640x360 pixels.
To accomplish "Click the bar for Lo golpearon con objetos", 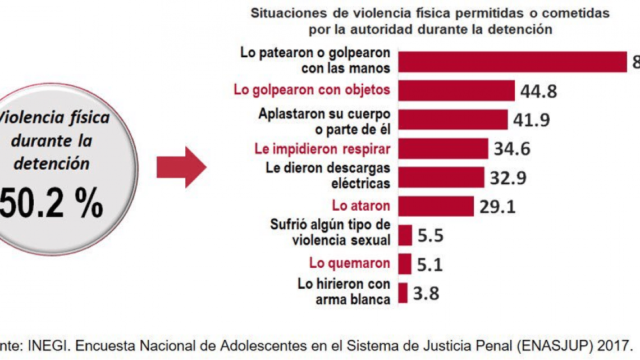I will pyautogui.click(x=456, y=90).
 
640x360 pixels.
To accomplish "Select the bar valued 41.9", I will pyautogui.click(x=452, y=120).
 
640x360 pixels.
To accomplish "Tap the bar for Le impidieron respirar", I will pyautogui.click(x=443, y=149).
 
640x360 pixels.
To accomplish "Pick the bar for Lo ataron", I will pyautogui.click(x=436, y=206).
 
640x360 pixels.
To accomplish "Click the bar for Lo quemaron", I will pyautogui.click(x=404, y=263).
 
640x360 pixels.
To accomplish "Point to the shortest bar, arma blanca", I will pyautogui.click(x=403, y=293).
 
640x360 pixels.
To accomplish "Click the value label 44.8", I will pyautogui.click(x=539, y=91).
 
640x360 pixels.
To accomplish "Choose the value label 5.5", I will pyautogui.click(x=430, y=235).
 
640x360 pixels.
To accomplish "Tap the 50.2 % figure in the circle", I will pyautogui.click(x=52, y=204).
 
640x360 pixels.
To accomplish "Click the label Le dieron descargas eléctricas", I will pyautogui.click(x=328, y=176).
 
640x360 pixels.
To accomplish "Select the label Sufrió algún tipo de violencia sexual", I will pyautogui.click(x=330, y=233).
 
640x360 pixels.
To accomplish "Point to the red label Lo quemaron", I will pyautogui.click(x=349, y=263).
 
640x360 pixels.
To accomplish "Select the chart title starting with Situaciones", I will pyautogui.click(x=430, y=21).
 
